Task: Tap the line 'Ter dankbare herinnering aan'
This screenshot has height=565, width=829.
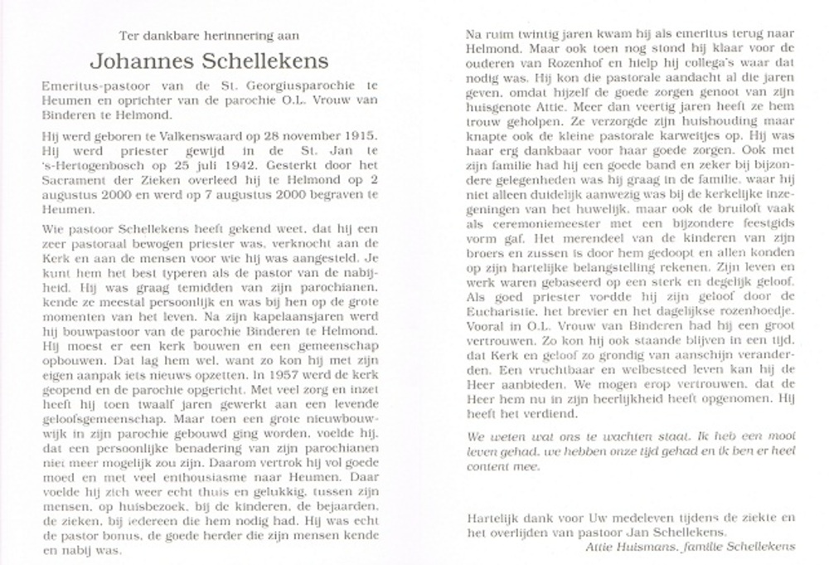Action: tap(197, 36)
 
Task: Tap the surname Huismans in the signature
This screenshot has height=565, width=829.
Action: tap(647, 546)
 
